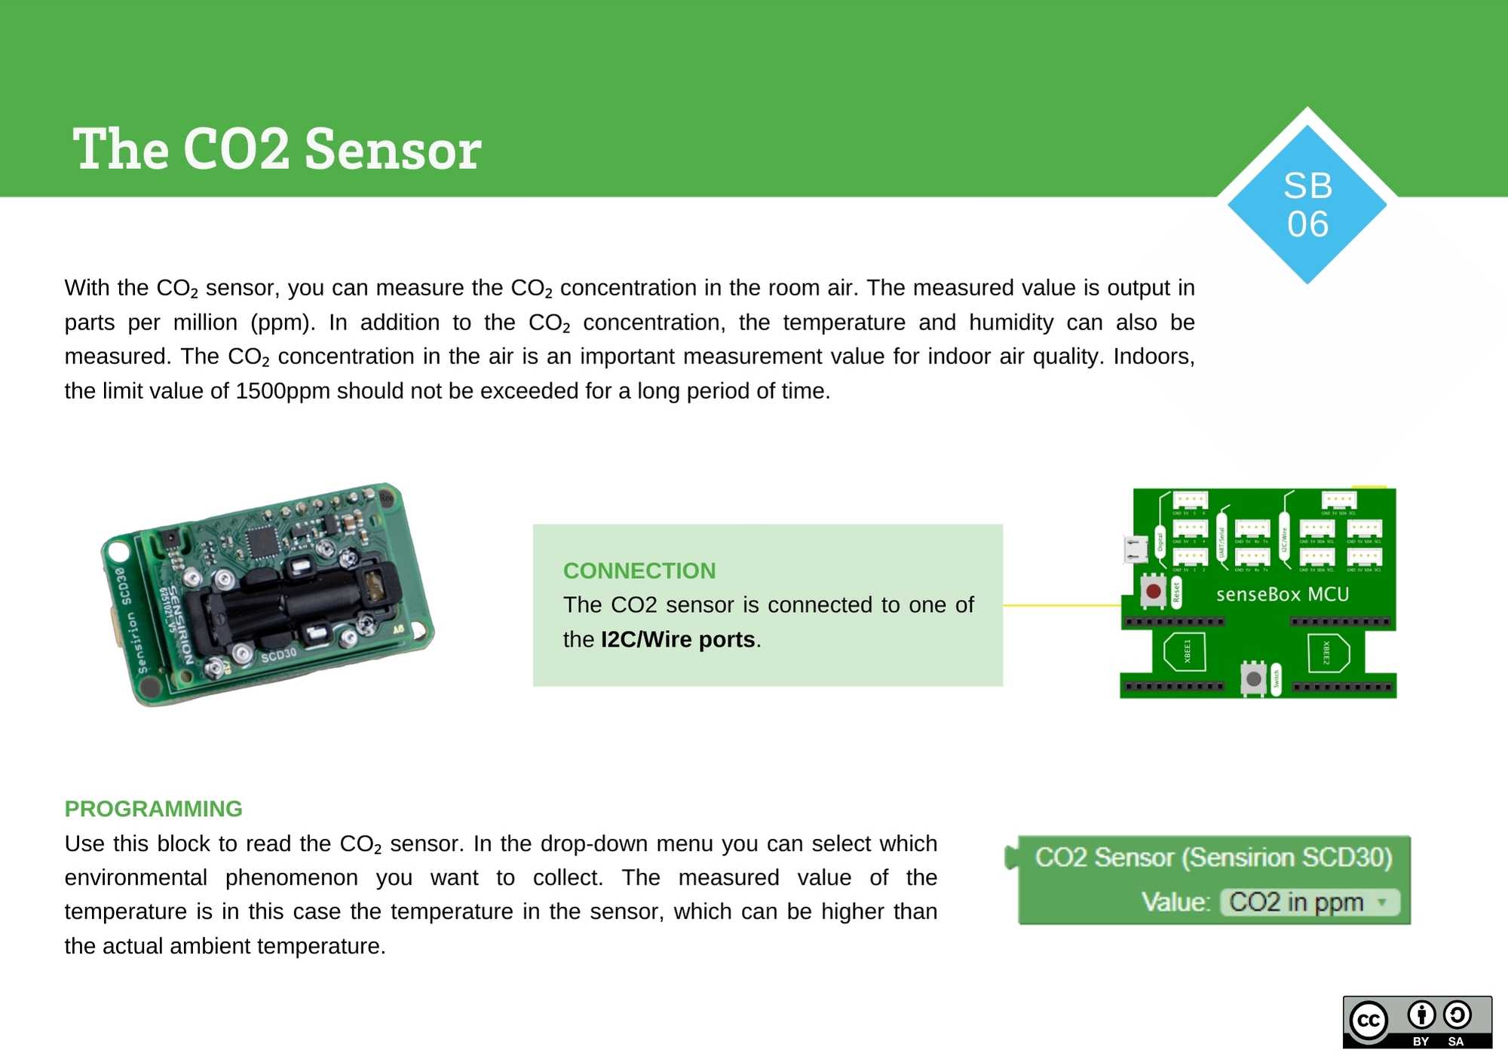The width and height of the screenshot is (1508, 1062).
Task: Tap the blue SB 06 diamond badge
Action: [x=1307, y=204]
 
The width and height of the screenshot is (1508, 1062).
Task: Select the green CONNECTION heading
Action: [x=639, y=571]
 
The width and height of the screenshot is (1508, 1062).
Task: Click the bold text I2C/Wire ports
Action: [x=677, y=640]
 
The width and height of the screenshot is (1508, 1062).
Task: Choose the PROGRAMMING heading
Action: [x=153, y=809]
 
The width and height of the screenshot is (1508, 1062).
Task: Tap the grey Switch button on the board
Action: [x=1253, y=678]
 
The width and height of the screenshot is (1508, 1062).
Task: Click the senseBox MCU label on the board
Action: [x=1282, y=595]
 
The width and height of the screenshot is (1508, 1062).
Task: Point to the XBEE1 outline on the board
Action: [x=1185, y=652]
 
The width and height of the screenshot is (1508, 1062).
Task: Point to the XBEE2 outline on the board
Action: [x=1328, y=653]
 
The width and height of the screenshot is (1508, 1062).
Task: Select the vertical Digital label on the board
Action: [x=1160, y=541]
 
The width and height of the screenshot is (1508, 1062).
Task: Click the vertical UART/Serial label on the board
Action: [x=1222, y=542]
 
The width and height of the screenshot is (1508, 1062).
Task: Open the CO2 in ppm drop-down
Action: [x=1309, y=902]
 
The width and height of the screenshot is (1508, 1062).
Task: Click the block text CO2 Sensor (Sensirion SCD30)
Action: [x=1213, y=858]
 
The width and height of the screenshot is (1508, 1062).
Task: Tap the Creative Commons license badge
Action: [x=1417, y=1022]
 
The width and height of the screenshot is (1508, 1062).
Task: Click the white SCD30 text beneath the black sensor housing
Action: [x=278, y=655]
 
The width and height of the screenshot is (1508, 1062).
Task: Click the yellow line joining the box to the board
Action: [x=1061, y=605]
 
